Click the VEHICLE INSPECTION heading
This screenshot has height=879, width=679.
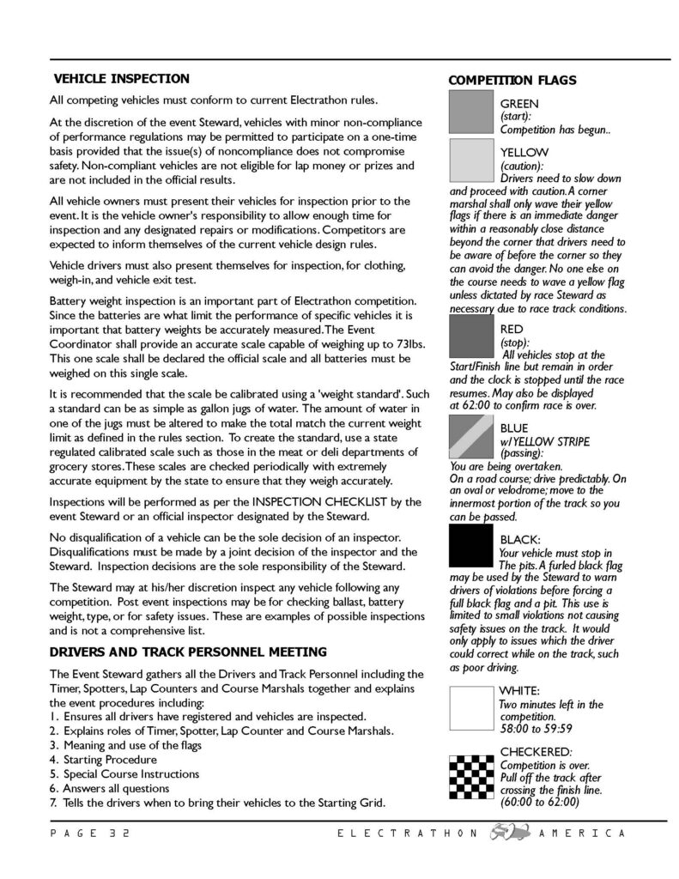[121, 79]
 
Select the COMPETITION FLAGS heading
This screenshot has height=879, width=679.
[512, 81]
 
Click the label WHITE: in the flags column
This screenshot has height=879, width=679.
[519, 690]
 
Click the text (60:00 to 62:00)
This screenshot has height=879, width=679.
[538, 802]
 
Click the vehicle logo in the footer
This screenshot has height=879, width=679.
[506, 833]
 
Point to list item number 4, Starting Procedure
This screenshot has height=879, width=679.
[103, 759]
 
